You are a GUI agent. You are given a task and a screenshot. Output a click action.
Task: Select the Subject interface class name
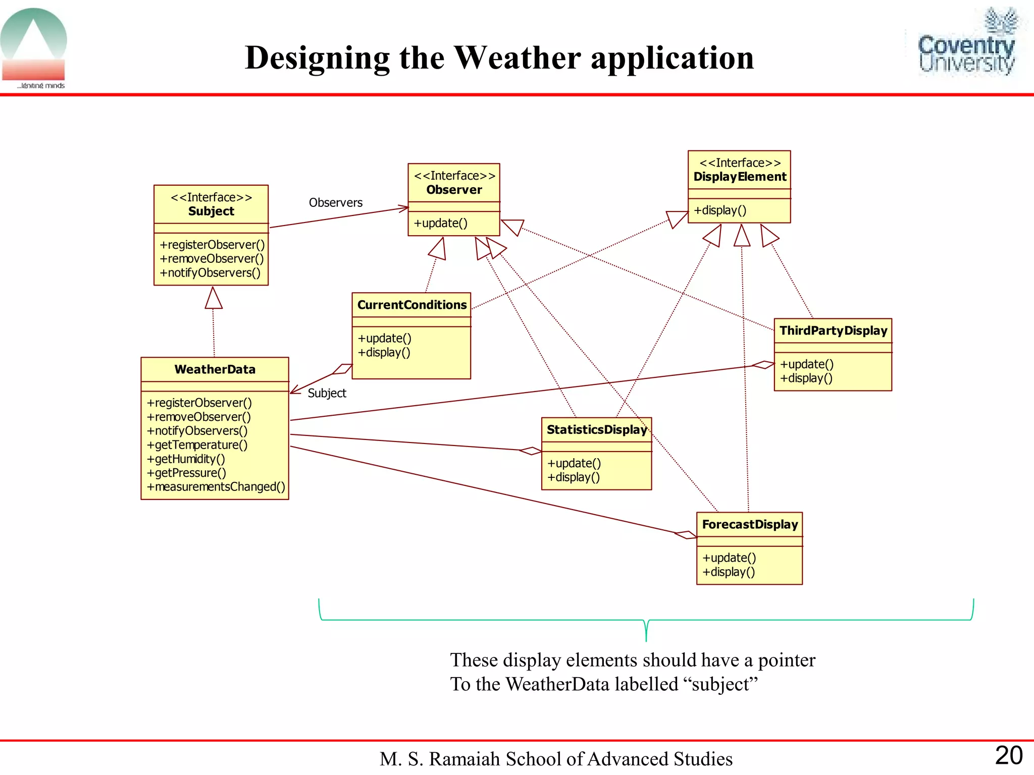(x=211, y=211)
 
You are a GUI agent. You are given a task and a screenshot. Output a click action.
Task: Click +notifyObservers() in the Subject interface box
(x=210, y=273)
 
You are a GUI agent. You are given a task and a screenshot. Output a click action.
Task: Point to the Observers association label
(x=335, y=203)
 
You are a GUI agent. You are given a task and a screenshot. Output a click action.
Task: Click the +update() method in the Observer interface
(x=440, y=223)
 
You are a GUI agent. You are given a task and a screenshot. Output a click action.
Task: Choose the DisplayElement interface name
(x=740, y=177)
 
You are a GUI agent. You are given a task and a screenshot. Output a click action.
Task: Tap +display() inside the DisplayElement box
(x=719, y=210)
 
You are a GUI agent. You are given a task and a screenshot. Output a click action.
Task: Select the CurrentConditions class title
(x=411, y=305)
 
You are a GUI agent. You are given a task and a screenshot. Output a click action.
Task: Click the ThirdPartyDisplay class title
(x=833, y=330)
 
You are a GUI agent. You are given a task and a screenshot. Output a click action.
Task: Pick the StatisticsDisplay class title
(x=596, y=429)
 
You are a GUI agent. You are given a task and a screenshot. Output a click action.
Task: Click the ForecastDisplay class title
(x=750, y=524)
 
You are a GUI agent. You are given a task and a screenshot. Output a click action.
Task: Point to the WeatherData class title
(x=215, y=369)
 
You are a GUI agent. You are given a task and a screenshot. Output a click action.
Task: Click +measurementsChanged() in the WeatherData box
(x=216, y=487)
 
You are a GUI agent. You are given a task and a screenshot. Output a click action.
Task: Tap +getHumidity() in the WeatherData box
(x=186, y=459)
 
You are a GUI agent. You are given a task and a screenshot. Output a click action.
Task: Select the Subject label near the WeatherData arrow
(x=327, y=393)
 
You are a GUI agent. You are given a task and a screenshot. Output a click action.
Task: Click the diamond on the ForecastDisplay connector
(x=686, y=534)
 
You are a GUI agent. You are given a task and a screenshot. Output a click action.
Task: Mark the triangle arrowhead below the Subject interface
(x=214, y=298)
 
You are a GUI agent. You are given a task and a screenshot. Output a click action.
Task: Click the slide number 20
(x=1008, y=756)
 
